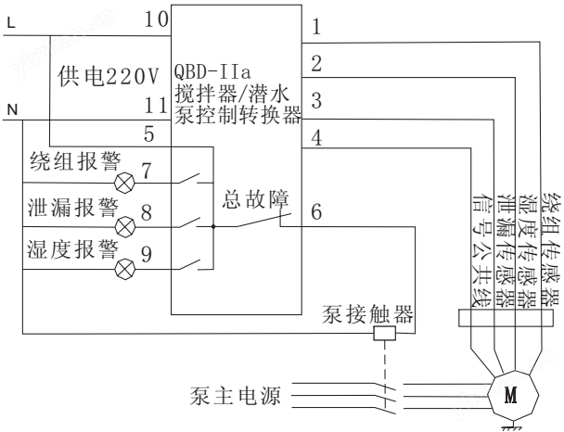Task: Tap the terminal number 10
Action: click(157, 19)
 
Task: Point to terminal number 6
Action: click(316, 212)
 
